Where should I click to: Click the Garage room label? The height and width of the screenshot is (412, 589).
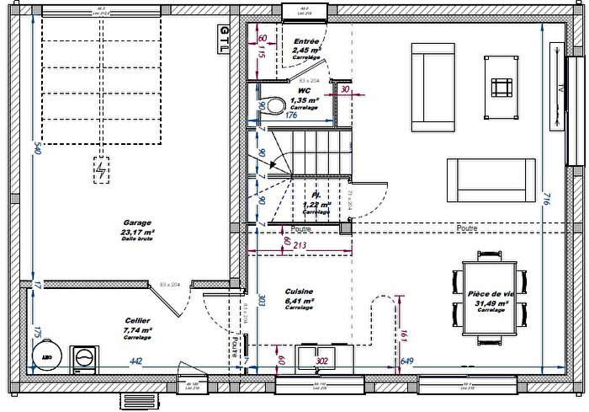[x=135, y=224]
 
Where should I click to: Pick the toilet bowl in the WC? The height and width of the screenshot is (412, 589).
[x=274, y=107]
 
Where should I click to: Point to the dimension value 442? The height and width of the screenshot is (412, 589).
[x=135, y=361]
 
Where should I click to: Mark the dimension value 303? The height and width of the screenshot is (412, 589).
[x=263, y=299]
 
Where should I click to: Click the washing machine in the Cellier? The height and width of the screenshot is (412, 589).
[x=83, y=359]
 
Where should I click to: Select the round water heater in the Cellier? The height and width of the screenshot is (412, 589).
[x=47, y=354]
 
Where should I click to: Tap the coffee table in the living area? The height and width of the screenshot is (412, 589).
[x=502, y=88]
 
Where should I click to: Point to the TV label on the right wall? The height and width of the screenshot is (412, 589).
[x=558, y=88]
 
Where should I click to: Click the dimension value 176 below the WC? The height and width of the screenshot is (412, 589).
[x=291, y=115]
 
